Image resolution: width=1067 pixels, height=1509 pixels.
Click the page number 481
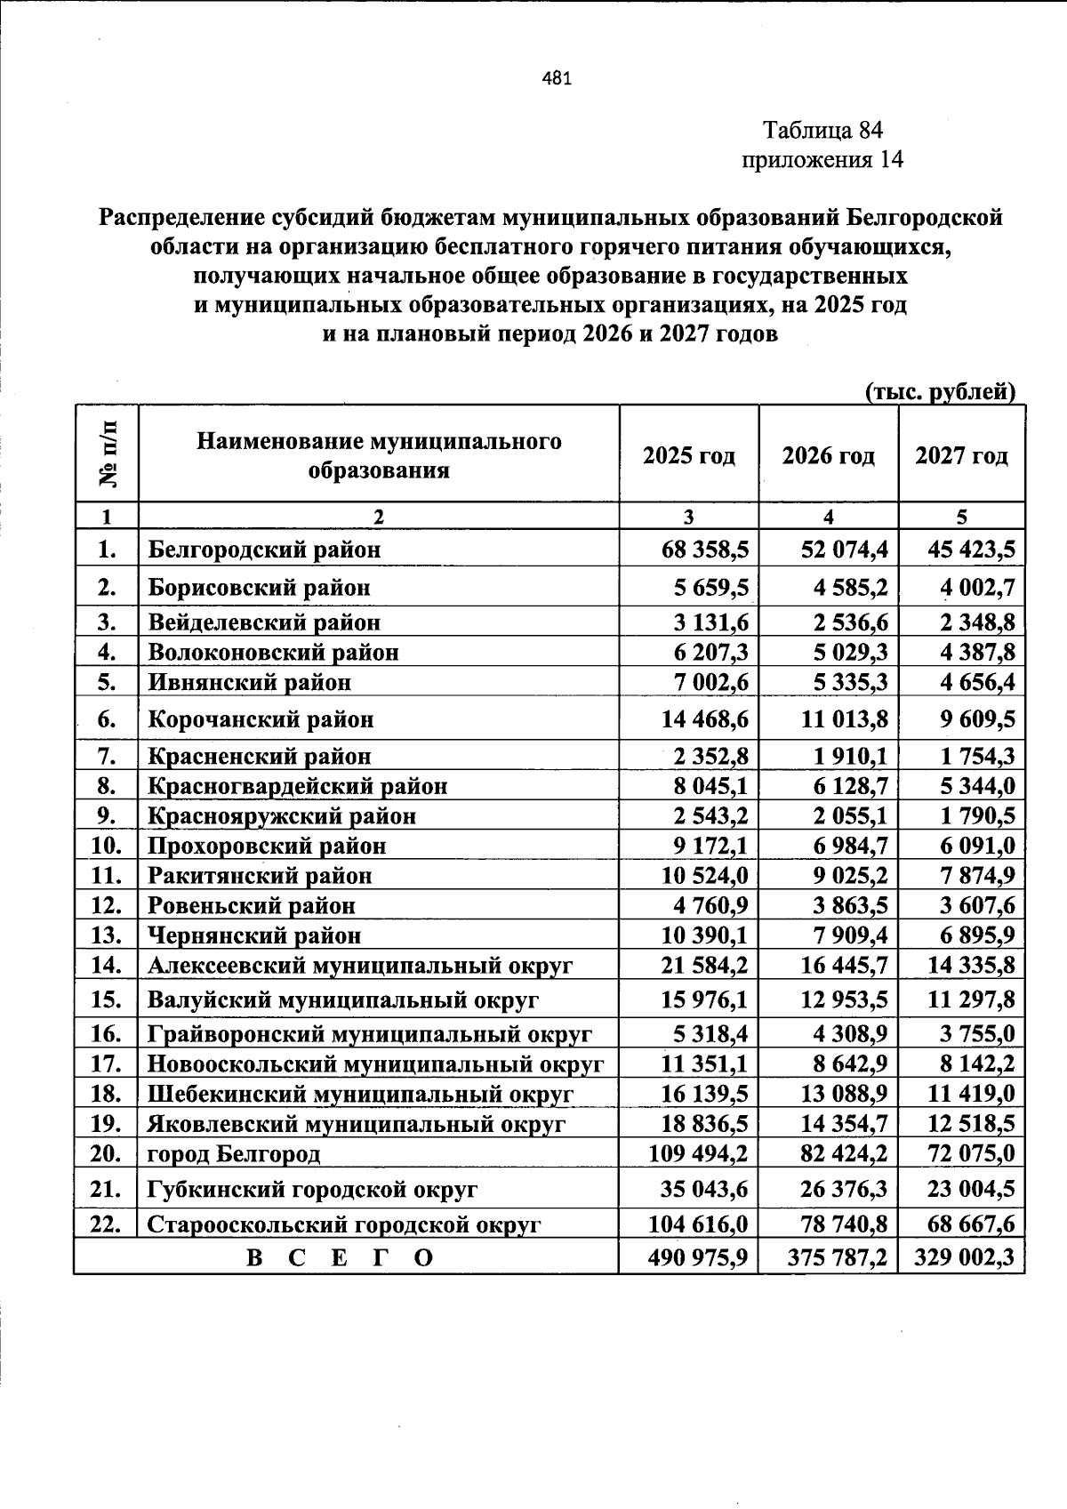(x=557, y=78)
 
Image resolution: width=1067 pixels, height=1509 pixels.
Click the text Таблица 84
(x=822, y=131)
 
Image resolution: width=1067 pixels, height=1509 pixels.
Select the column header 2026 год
(x=828, y=456)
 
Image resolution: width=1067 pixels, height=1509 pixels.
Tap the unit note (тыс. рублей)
(x=940, y=392)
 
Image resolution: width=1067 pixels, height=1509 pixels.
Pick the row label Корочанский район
(x=261, y=718)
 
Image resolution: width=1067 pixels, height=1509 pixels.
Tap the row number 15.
(x=106, y=999)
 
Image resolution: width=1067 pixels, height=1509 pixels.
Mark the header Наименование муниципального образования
(x=379, y=455)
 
